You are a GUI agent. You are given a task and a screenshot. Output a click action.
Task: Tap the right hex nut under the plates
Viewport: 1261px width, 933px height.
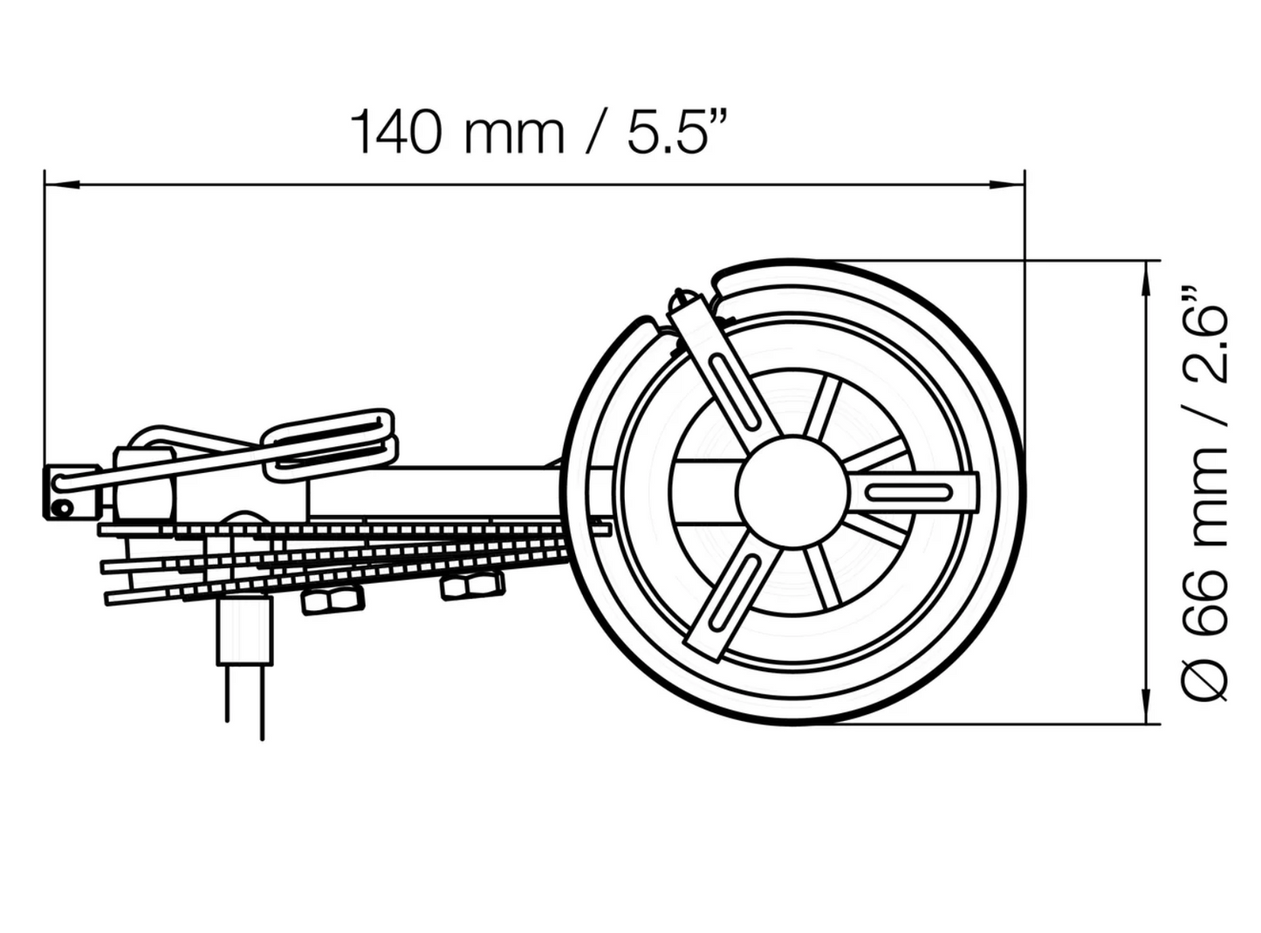coord(472,584)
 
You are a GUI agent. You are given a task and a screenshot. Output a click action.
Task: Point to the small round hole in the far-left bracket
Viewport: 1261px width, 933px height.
coord(61,507)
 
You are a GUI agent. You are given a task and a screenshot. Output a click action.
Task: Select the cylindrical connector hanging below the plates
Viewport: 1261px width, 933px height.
coord(243,628)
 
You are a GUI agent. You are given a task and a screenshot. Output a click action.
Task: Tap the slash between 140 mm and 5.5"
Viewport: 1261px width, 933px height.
coord(596,133)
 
